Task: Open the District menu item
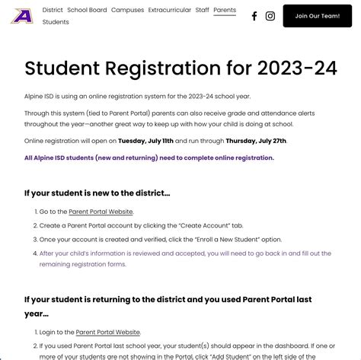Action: tap(53, 10)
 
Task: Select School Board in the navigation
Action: tap(87, 10)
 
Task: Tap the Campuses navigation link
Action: tap(127, 10)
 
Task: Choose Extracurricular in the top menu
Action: tap(169, 10)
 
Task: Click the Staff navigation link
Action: tap(202, 10)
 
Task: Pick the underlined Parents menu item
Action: tap(225, 10)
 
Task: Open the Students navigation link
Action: tap(56, 22)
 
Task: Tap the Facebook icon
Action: tap(254, 16)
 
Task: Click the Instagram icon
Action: tap(270, 16)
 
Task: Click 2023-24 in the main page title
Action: tap(297, 68)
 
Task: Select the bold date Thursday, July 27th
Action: tap(256, 141)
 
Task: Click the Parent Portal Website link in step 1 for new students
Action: tap(101, 212)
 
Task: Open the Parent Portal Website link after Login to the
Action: tap(108, 332)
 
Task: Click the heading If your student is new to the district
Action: tap(97, 193)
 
